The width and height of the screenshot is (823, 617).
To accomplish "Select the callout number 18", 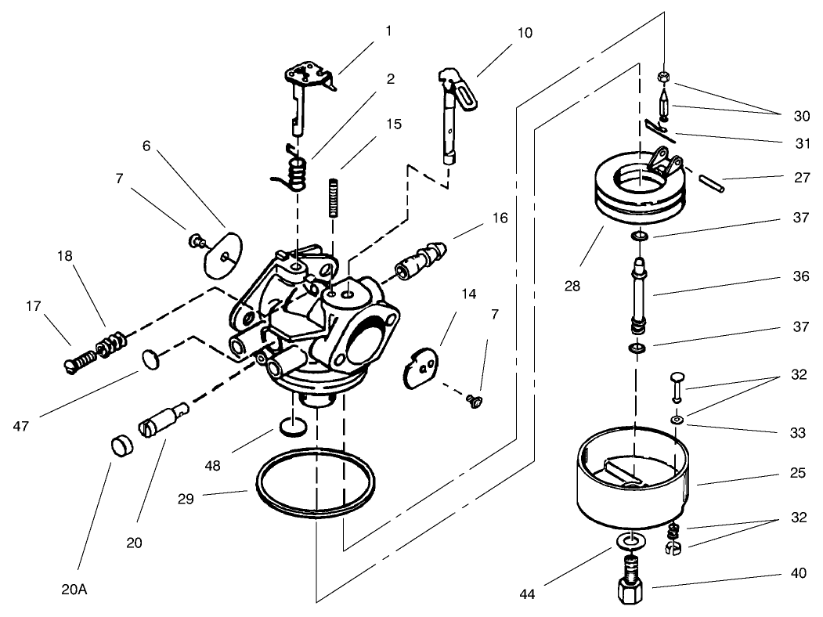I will pyautogui.click(x=65, y=256).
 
